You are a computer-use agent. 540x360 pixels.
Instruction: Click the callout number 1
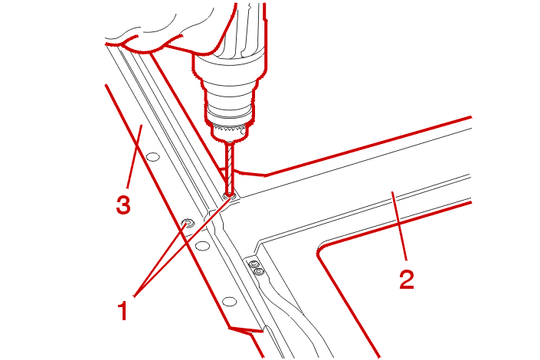click(x=123, y=310)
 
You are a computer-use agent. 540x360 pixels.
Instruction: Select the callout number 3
click(x=123, y=205)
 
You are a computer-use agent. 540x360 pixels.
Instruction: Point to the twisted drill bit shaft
click(x=229, y=168)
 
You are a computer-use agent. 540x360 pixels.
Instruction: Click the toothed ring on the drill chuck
click(x=229, y=130)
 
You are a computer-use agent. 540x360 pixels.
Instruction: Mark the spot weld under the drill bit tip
click(x=229, y=196)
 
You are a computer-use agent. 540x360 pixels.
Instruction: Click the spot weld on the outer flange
click(x=188, y=223)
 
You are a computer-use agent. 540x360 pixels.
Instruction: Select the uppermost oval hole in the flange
click(x=153, y=158)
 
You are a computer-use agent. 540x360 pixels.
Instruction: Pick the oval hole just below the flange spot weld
click(x=202, y=246)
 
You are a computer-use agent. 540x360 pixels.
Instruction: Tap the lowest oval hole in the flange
click(x=229, y=302)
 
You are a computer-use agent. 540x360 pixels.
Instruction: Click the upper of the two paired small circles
click(x=254, y=264)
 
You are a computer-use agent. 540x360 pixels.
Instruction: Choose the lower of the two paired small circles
click(x=260, y=271)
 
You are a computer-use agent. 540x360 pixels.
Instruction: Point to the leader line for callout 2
click(x=400, y=226)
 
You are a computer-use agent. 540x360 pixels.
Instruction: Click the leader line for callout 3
click(x=134, y=157)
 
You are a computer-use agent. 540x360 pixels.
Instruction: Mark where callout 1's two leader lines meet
click(x=134, y=296)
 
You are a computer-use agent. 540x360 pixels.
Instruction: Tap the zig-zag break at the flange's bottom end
click(x=246, y=331)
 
